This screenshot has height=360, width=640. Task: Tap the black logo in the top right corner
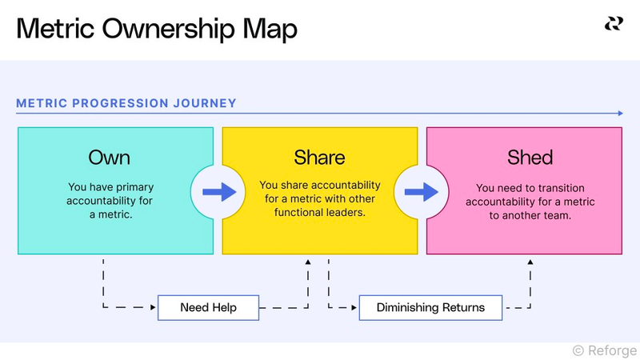(x=614, y=23)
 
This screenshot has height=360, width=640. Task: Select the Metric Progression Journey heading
(x=126, y=103)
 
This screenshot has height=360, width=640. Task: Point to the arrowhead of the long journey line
(x=619, y=114)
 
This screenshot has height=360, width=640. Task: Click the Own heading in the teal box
(x=110, y=157)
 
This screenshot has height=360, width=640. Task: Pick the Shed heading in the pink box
(x=530, y=157)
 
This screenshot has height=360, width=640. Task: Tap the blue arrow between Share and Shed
(x=421, y=192)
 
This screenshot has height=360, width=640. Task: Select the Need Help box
(x=208, y=308)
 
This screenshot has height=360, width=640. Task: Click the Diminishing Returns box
(x=430, y=308)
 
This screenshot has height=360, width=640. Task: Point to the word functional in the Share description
(x=300, y=214)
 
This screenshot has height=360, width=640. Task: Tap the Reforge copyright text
(x=605, y=350)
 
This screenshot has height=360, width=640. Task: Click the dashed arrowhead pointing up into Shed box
(x=530, y=262)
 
